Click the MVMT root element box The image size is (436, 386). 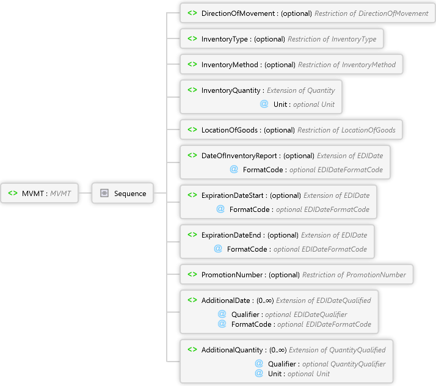click(40, 194)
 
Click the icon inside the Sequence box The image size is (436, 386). click(104, 194)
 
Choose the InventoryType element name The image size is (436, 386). click(224, 39)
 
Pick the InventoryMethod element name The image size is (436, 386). click(231, 65)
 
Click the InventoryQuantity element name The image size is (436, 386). click(231, 90)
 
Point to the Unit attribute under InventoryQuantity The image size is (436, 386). click(280, 104)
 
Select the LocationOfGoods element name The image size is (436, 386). click(230, 130)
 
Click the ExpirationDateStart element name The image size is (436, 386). click(234, 195)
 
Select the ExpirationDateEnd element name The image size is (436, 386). click(233, 235)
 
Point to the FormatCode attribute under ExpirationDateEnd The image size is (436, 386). click(247, 249)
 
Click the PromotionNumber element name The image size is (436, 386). click(231, 275)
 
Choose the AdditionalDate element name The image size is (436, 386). click(226, 300)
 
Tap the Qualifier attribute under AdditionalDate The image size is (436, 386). click(245, 315)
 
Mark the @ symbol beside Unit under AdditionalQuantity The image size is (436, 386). click(259, 373)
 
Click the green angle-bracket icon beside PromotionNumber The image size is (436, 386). click(192, 275)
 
